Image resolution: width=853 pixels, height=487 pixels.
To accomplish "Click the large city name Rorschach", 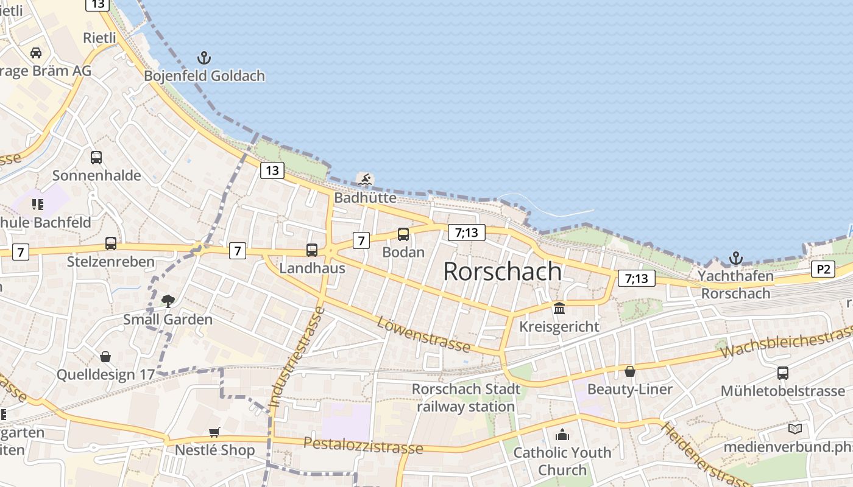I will (502, 271).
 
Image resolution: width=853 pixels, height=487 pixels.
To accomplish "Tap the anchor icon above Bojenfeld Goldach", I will (204, 58).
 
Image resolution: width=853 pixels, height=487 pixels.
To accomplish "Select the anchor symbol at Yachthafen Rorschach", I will (736, 258).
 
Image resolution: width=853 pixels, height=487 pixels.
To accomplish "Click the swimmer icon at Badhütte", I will (365, 179).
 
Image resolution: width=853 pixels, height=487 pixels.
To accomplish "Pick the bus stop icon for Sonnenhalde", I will (96, 158).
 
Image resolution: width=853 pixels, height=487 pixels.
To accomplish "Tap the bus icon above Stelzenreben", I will (111, 243).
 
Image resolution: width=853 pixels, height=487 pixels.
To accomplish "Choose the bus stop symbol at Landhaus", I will (312, 250).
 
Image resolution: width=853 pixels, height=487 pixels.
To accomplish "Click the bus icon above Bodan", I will (403, 234).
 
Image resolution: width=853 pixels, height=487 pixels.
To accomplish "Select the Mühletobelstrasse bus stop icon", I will (783, 373).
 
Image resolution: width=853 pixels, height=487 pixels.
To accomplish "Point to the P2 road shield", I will (823, 269).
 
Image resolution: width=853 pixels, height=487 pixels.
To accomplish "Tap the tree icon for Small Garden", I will (168, 301).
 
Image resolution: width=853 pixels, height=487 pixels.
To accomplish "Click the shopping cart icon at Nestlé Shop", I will (214, 432).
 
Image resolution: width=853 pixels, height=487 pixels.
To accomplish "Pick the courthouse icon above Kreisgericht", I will (559, 308).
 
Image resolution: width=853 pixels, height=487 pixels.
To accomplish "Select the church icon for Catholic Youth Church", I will (562, 435).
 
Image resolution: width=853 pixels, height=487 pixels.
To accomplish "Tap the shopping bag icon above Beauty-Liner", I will (630, 371).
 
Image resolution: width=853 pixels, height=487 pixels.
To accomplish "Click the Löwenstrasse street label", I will (423, 334).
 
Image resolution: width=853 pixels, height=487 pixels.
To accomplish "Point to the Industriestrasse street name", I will (296, 357).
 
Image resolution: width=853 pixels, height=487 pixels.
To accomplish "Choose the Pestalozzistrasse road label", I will (363, 445).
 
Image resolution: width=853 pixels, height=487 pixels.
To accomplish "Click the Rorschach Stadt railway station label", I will (466, 398).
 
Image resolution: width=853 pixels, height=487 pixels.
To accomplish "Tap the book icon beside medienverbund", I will (795, 429).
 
